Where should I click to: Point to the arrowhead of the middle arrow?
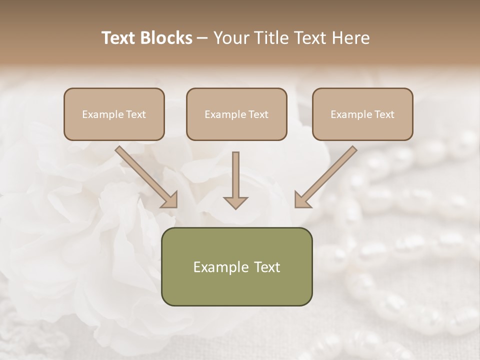(x=236, y=202)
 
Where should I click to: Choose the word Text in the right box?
(x=384, y=114)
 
